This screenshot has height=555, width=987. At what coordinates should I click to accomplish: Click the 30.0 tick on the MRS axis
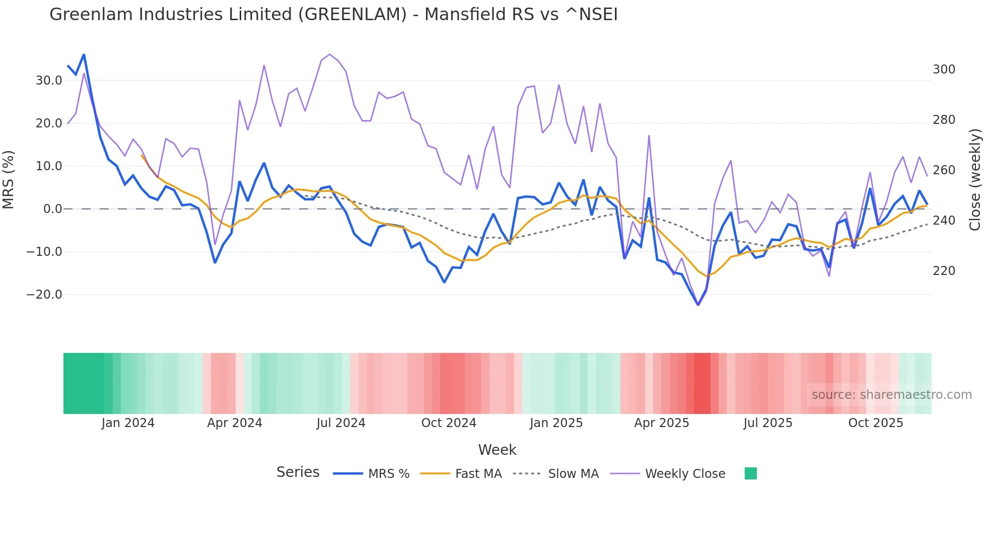[x=49, y=81]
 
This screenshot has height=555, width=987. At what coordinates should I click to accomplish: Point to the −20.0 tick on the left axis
[x=44, y=295]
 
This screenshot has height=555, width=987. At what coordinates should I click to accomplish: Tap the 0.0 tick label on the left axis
[x=52, y=209]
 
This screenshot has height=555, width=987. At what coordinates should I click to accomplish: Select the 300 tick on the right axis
[x=944, y=70]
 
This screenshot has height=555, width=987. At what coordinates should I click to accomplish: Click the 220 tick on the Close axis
[x=944, y=271]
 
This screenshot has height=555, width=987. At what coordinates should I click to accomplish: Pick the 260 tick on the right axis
[x=944, y=170]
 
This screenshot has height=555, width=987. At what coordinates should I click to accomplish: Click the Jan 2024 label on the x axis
[x=128, y=423]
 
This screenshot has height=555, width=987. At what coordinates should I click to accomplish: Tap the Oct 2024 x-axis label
[x=449, y=423]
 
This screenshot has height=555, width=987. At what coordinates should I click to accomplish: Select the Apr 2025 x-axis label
[x=661, y=423]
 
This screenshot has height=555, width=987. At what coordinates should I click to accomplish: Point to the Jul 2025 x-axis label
[x=767, y=423]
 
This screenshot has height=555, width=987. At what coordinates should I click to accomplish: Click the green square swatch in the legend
[x=750, y=473]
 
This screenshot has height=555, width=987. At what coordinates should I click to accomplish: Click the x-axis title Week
[x=497, y=450]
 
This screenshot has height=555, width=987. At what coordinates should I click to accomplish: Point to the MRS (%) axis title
[x=9, y=180]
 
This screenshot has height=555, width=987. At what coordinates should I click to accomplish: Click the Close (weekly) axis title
[x=975, y=180]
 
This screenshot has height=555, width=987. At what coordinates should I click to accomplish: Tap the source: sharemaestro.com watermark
[x=891, y=395]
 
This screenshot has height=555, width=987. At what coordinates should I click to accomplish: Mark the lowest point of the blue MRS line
[x=698, y=305]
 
